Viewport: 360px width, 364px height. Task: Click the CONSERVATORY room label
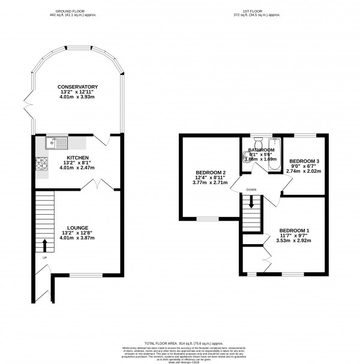78,88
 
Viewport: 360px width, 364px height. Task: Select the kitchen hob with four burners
42,163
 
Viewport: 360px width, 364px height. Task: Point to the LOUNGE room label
79,228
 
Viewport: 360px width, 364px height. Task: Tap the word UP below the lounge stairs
44,258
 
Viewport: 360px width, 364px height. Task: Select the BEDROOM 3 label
304,161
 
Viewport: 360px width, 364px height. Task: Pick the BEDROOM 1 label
294,230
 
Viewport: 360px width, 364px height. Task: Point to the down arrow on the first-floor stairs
251,204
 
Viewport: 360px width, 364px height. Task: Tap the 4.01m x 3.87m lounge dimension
79,238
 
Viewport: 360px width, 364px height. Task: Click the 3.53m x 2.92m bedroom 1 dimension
294,240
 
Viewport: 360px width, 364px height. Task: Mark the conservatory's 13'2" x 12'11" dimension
78,93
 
